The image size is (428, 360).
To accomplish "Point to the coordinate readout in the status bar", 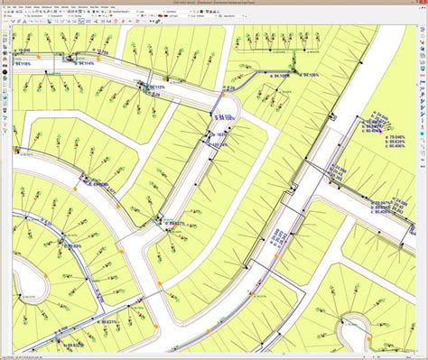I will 27,356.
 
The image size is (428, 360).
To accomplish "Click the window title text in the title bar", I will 214,3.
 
